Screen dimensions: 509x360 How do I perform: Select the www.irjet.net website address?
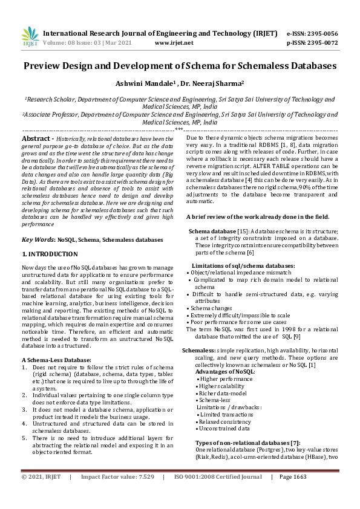click(x=174, y=43)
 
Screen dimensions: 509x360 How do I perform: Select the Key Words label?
click(x=38, y=240)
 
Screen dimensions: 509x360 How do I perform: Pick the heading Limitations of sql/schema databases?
click(x=243, y=266)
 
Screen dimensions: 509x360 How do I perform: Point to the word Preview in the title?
click(x=48, y=65)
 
